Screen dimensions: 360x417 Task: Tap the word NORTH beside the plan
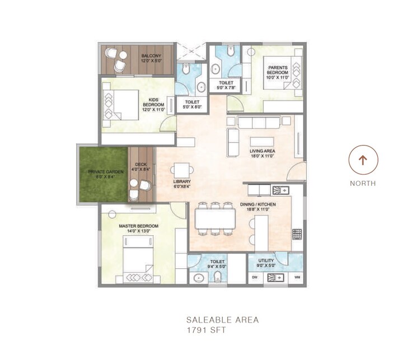click(363, 183)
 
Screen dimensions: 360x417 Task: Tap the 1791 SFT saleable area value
click(207, 330)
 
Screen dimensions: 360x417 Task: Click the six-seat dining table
click(215, 218)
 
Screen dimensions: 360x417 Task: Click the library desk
click(182, 170)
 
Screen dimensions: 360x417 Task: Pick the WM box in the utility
click(297, 277)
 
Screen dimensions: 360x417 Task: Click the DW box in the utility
click(255, 277)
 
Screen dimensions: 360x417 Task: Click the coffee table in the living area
click(262, 141)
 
